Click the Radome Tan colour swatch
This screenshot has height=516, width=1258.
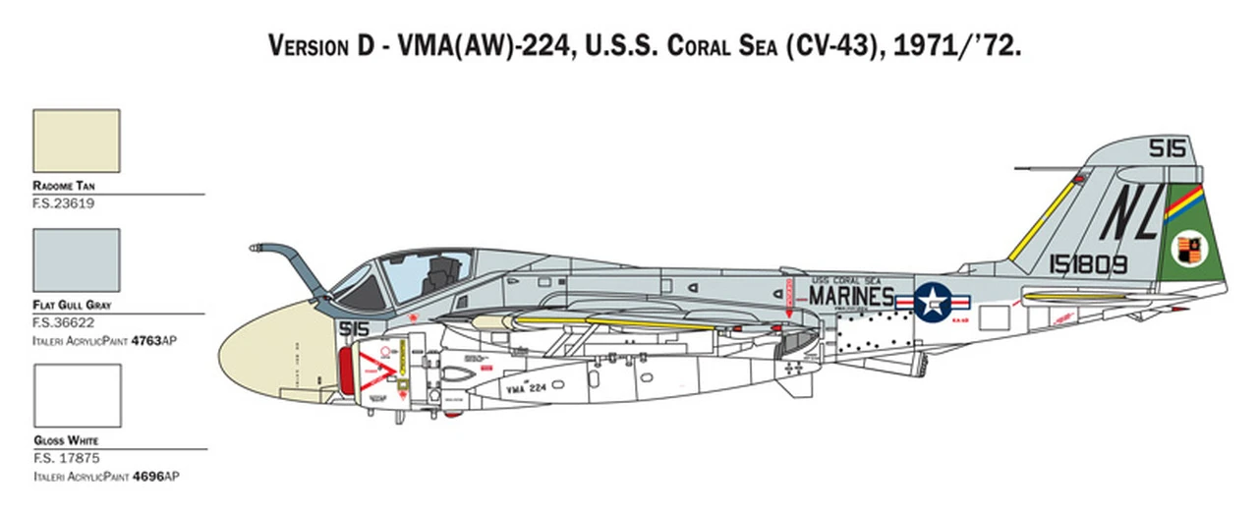(x=77, y=141)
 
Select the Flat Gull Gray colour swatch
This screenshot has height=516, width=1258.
(x=77, y=260)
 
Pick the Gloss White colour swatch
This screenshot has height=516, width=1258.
(x=77, y=395)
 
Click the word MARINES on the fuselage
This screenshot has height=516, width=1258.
(x=851, y=296)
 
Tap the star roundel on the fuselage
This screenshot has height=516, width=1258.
(x=933, y=302)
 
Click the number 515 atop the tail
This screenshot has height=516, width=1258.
(x=1168, y=148)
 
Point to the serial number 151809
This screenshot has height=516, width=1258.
(x=1090, y=263)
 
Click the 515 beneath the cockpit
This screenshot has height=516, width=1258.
(x=353, y=328)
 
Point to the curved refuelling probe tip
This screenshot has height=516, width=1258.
(x=257, y=248)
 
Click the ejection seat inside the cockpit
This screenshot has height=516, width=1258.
(x=436, y=271)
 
